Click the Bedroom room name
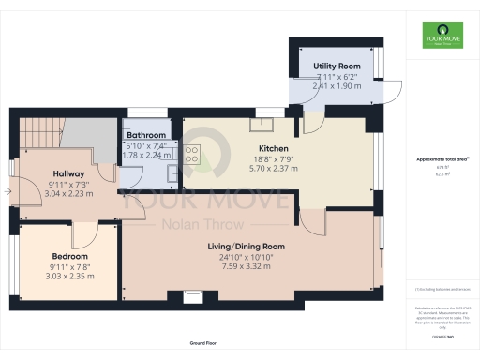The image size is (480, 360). point(70,256)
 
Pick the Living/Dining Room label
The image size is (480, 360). point(247,247)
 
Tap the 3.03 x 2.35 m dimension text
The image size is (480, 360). point(70,277)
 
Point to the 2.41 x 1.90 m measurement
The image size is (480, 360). point(337,86)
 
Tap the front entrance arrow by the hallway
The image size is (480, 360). point(7,192)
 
